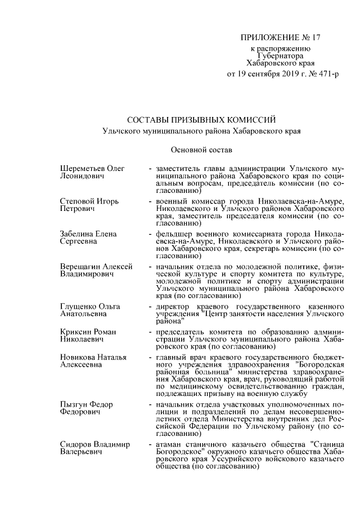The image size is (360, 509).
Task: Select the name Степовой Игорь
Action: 89,201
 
